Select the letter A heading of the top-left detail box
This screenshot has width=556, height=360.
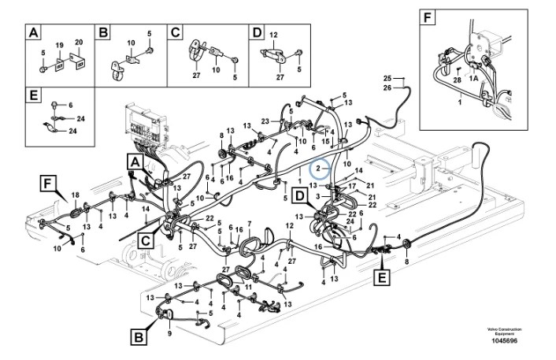[34, 33]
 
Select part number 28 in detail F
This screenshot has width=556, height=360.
[457, 80]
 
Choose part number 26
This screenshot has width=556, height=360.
[387, 87]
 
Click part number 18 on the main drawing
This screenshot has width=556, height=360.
[76, 195]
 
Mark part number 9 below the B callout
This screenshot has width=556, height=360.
[168, 332]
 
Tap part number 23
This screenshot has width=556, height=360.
[265, 121]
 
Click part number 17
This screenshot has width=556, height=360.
[351, 186]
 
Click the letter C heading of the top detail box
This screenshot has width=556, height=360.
[176, 33]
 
